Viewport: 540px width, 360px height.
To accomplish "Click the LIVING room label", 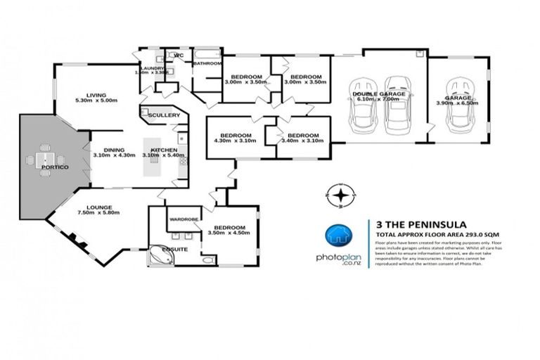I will [96, 95].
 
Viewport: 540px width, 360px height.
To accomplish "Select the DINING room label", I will [114, 148].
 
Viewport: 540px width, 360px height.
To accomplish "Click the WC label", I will [179, 55].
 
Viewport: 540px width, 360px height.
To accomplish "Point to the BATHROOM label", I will [208, 64].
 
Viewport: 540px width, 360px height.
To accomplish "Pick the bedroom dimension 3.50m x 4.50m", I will [230, 233].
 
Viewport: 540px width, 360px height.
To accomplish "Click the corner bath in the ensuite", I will [162, 257].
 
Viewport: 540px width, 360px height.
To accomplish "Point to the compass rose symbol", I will [340, 196].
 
